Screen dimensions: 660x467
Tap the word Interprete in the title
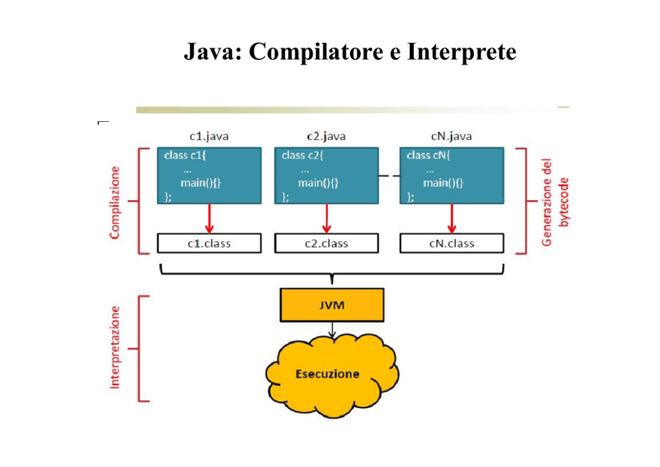pyautogui.click(x=462, y=52)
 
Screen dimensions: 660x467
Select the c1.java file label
pyautogui.click(x=209, y=136)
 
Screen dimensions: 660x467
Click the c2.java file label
pyautogui.click(x=326, y=136)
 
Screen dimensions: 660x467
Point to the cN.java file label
pyautogui.click(x=452, y=136)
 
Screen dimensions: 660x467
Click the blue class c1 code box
pyautogui.click(x=209, y=175)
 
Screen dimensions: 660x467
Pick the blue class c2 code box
pyautogui.click(x=326, y=175)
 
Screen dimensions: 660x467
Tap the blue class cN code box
pyautogui.click(x=452, y=175)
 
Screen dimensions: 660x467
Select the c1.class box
pyautogui.click(x=209, y=243)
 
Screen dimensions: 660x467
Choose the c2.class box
pyautogui.click(x=326, y=243)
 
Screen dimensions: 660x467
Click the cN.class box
pyautogui.click(x=452, y=243)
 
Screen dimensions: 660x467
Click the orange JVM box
pyautogui.click(x=332, y=305)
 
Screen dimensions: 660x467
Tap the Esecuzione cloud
pyautogui.click(x=332, y=374)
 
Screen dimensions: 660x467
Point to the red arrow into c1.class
pyautogui.click(x=209, y=219)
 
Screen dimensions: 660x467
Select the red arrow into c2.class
pyautogui.click(x=327, y=219)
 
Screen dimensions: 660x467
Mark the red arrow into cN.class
pyautogui.click(x=452, y=219)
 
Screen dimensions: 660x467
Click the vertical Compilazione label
pyautogui.click(x=115, y=203)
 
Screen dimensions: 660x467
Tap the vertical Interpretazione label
pyautogui.click(x=115, y=347)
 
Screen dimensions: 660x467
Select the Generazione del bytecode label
pyautogui.click(x=555, y=203)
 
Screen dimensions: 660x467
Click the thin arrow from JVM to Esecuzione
pyautogui.click(x=332, y=330)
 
